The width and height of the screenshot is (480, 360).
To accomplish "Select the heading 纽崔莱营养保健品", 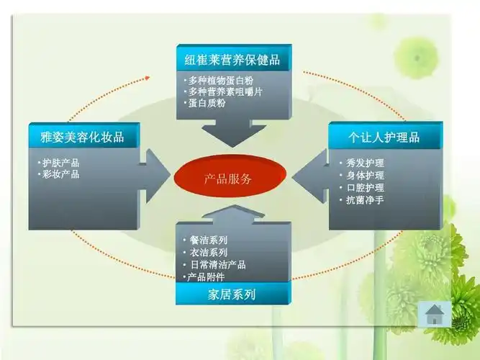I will click(233, 58).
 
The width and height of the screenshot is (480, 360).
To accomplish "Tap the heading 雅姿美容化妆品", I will click(82, 136).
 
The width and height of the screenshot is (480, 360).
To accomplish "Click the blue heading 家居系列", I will click(232, 294).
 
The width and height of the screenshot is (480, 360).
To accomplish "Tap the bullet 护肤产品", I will click(60, 163).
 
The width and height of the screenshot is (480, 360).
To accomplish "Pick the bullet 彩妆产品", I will click(60, 174).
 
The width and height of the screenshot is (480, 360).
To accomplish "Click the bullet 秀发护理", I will click(363, 163).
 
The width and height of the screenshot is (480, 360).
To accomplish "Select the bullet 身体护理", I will click(363, 175).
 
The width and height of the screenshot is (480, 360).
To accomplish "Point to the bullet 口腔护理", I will click(363, 187).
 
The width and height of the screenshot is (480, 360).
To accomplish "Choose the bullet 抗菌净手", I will click(363, 199).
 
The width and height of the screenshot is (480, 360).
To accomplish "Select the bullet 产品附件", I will click(207, 276).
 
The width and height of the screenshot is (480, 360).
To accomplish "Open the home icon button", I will click(435, 314).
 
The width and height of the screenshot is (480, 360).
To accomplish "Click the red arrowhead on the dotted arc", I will click(148, 76).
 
